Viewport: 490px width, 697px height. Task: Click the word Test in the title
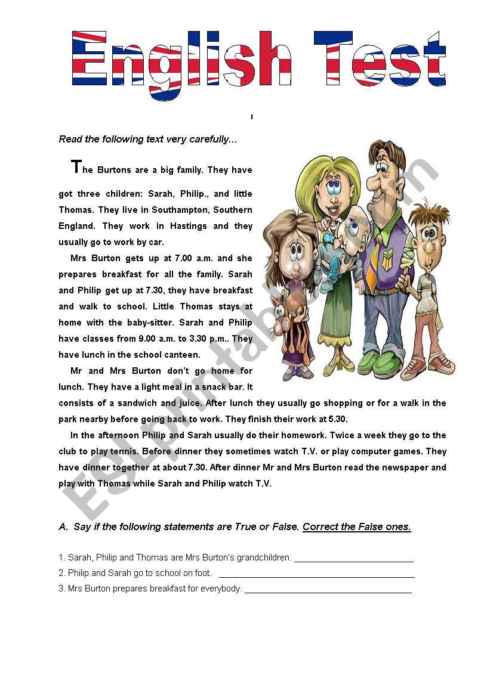(380, 60)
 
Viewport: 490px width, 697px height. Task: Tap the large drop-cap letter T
(75, 167)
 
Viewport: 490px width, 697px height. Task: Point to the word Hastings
(188, 226)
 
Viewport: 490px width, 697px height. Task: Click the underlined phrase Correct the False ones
(356, 527)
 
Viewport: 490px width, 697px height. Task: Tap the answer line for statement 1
(353, 558)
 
